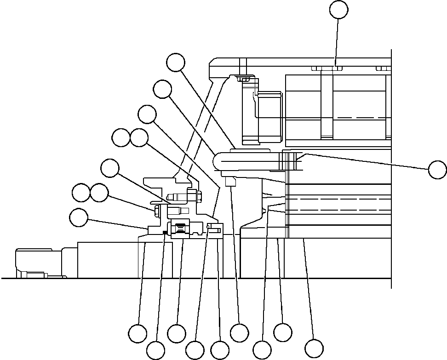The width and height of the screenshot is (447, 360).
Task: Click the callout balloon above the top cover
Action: (339, 10)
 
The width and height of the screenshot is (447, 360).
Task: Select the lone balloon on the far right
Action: (437, 169)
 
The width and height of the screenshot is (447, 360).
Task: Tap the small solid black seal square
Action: (165, 231)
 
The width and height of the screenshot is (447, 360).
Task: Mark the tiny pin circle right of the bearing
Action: (209, 226)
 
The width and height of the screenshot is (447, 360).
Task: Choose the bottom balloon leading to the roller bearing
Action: (177, 333)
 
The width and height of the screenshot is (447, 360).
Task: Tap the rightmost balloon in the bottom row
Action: (314, 348)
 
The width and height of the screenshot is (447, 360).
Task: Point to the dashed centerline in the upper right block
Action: (359, 118)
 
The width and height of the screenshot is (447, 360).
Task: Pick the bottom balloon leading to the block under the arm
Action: (239, 332)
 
